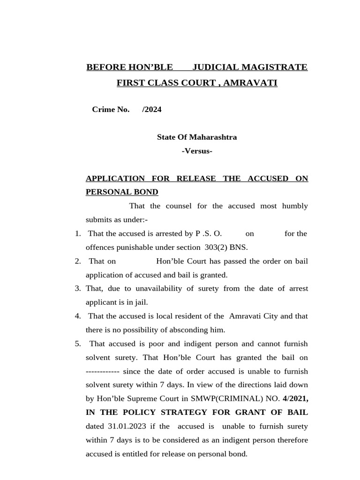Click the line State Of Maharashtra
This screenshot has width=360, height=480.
[196, 137]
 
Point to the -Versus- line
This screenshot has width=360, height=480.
[196, 151]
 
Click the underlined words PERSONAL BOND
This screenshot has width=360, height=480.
[122, 192]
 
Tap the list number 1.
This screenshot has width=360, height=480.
[77, 233]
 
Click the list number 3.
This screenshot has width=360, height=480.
[77, 289]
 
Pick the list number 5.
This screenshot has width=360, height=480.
[77, 344]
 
